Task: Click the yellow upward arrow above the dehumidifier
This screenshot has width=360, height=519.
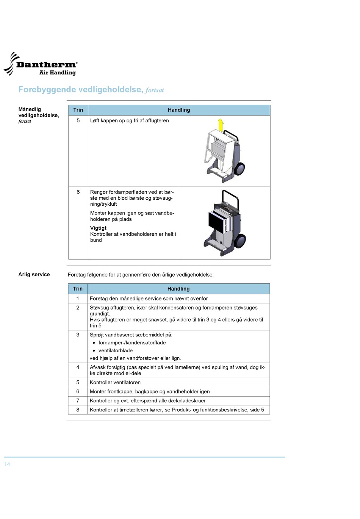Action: tap(221, 125)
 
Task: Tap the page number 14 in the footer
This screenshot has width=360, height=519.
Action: tap(7, 464)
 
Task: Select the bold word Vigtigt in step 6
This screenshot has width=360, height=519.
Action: tap(98, 228)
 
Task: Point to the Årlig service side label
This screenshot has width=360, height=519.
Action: tap(34, 275)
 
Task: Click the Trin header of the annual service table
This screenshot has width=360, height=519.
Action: tap(78, 289)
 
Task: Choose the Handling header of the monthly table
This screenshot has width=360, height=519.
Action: tap(179, 110)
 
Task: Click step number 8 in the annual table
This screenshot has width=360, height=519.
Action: tap(78, 410)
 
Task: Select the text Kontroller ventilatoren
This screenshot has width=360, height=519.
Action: tap(115, 383)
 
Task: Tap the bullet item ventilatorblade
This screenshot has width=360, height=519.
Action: tap(116, 351)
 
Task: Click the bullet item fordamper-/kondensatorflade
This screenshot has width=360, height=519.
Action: tap(132, 343)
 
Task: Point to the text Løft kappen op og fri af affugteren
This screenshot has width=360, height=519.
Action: tap(130, 120)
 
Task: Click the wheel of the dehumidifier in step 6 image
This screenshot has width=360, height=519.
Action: tap(240, 241)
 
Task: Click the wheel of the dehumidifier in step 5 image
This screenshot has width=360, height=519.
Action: tap(239, 169)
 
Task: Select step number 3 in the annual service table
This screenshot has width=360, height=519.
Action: tap(78, 335)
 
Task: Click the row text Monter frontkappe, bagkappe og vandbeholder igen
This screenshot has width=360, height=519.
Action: tap(150, 392)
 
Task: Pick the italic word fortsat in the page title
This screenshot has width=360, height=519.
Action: tap(155, 90)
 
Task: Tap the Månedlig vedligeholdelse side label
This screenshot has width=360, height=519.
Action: tap(38, 113)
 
